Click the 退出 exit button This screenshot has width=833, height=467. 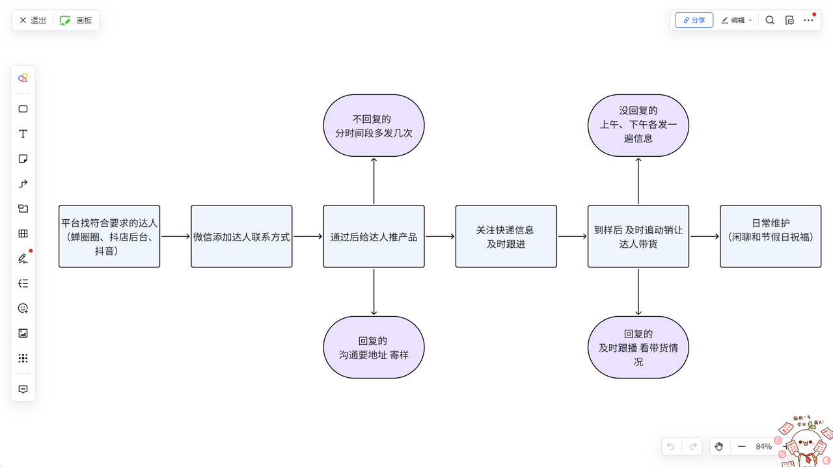point(33,20)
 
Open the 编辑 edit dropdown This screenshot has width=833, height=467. point(737,20)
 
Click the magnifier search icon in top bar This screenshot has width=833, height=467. point(770,20)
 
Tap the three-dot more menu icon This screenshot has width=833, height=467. point(808,20)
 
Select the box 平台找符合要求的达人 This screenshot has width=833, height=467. point(109,236)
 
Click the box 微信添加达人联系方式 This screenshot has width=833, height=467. point(241,236)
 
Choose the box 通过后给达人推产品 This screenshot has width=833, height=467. point(374,236)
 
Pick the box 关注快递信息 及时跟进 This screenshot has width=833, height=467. point(506,236)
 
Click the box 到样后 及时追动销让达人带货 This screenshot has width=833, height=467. point(638,236)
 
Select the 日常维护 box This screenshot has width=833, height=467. point(771,236)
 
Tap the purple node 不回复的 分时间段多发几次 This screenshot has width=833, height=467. point(374,126)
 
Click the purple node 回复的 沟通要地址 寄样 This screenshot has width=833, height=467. point(374,347)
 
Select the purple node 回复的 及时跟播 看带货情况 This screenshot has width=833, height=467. point(638,347)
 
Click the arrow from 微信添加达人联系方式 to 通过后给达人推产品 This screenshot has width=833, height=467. point(307,237)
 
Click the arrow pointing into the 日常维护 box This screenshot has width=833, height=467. point(704,237)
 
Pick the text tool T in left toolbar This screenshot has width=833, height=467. point(23,134)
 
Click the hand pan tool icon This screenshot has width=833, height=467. point(718,446)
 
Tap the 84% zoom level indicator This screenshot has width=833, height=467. point(763,446)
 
